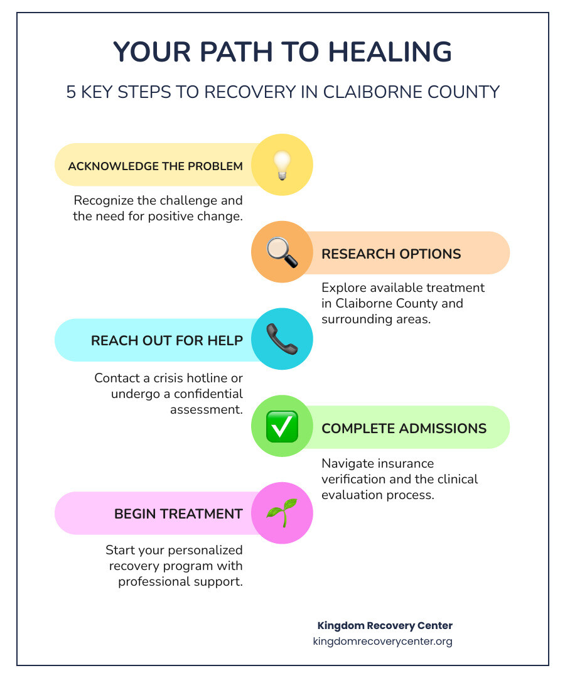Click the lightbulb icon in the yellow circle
[282, 166]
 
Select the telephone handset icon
[282, 340]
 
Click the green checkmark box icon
[282, 427]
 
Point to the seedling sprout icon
[282, 512]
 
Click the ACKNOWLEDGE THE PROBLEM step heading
[155, 166]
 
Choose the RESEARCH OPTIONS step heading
[391, 254]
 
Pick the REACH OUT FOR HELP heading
[166, 340]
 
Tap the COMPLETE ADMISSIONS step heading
[404, 428]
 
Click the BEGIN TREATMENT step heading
[178, 514]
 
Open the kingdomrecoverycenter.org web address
[382, 642]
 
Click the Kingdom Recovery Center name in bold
[385, 625]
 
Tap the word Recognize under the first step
[105, 201]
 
